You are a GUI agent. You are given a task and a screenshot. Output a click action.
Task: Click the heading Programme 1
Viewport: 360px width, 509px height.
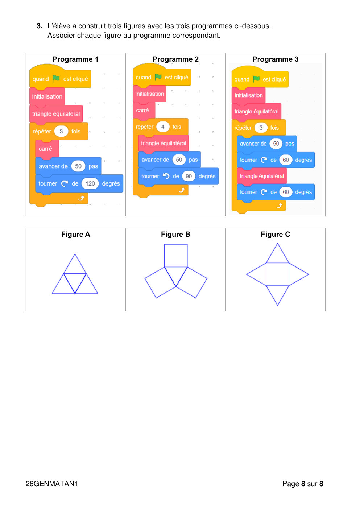point(75,59)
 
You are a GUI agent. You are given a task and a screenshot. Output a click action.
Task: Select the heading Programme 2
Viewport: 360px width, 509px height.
point(175,59)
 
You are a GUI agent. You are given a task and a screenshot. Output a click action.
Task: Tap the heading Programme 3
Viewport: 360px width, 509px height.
point(276,59)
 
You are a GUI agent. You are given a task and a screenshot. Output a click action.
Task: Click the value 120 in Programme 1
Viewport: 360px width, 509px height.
point(90,183)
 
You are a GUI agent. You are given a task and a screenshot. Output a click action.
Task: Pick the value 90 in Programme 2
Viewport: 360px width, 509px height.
point(189,176)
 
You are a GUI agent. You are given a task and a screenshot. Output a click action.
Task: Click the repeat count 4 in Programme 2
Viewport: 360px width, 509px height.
point(163,127)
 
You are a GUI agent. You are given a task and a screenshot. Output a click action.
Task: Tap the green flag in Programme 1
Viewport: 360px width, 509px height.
point(56,79)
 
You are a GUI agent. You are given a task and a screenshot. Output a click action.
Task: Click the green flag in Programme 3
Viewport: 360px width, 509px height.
point(256,79)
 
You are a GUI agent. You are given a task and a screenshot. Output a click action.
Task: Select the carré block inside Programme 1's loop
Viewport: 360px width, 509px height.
point(47,149)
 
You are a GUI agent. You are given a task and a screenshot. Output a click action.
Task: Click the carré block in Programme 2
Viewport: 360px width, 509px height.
point(144,111)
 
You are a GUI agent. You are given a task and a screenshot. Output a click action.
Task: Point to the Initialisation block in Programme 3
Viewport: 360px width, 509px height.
point(248,95)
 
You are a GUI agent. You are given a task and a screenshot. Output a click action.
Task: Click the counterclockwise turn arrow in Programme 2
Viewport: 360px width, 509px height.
point(166,176)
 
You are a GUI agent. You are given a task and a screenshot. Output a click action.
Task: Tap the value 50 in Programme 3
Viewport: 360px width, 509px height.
point(276,144)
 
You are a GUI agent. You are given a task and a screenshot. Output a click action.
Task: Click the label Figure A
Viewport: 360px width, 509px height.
point(76,234)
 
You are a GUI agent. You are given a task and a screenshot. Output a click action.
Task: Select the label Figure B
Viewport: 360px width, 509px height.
point(175,234)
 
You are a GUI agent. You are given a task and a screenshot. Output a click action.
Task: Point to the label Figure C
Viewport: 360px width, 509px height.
point(276,234)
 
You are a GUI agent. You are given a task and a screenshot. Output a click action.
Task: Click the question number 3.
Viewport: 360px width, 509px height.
point(40,26)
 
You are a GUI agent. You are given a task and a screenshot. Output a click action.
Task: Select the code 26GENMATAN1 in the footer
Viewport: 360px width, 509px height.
point(51,484)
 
